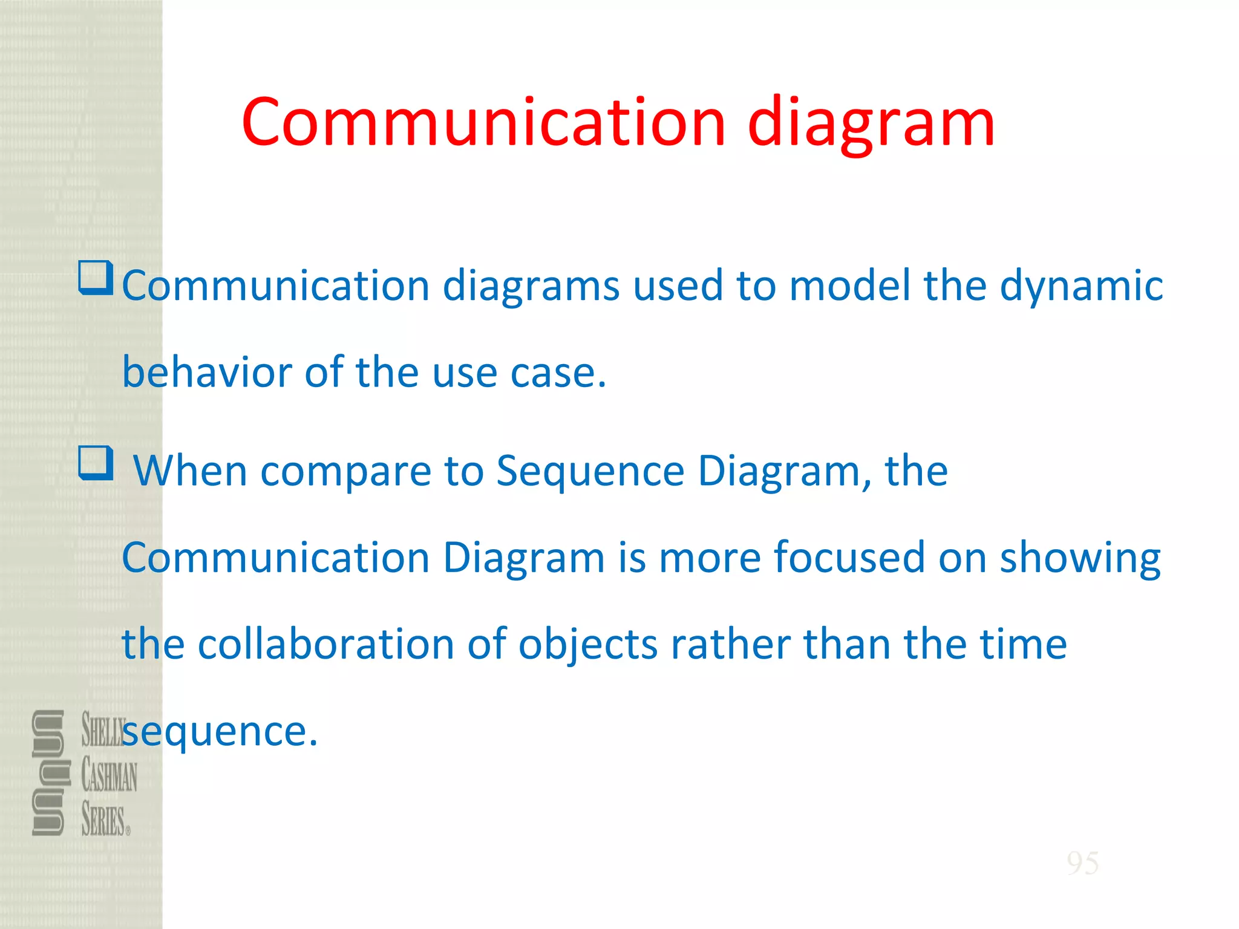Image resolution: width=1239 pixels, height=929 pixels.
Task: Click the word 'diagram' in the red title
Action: pyautogui.click(x=871, y=124)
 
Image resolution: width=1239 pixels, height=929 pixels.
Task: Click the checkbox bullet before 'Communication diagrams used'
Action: pyautogui.click(x=96, y=278)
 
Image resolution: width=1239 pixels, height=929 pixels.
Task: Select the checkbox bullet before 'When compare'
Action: pyautogui.click(x=96, y=463)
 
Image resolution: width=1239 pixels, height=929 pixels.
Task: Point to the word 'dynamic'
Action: pyautogui.click(x=1081, y=285)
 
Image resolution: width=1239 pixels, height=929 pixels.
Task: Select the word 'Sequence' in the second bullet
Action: pyautogui.click(x=590, y=471)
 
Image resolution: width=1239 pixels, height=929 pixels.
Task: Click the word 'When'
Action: pyautogui.click(x=190, y=471)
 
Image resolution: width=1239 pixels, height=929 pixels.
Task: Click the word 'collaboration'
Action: pyautogui.click(x=326, y=644)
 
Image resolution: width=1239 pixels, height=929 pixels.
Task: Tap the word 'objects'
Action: pyautogui.click(x=587, y=645)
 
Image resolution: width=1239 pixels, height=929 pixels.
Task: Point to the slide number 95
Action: pyautogui.click(x=1082, y=863)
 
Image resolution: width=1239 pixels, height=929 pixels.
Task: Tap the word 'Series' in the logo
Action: pyautogui.click(x=103, y=821)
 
